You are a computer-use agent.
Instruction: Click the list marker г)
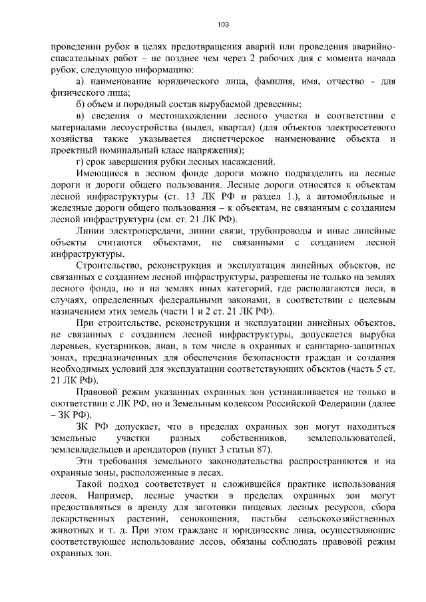[x=80, y=160]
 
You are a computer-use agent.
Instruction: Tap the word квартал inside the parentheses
[x=214, y=126]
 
